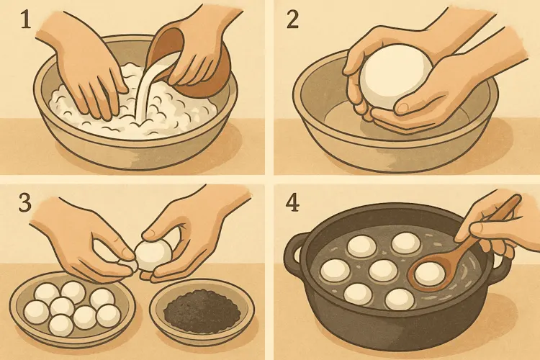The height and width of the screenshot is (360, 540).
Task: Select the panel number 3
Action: (x=24, y=202)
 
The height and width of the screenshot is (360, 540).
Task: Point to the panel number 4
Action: (x=292, y=203)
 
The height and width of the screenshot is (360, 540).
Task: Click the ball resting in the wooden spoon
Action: (x=429, y=274)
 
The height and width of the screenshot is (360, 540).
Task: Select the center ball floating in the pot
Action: (x=383, y=271)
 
